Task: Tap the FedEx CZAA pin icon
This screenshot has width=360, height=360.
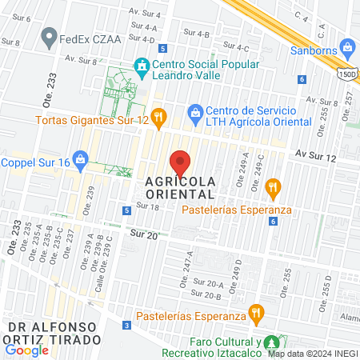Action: click(x=50, y=37)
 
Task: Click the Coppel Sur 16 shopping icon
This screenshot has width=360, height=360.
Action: click(x=80, y=160)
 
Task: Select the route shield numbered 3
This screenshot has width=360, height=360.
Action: click(x=127, y=326)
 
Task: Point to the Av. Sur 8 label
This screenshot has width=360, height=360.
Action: click(x=81, y=58)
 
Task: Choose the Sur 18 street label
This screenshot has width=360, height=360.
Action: click(x=148, y=206)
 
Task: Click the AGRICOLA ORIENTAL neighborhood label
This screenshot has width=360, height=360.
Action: click(x=180, y=187)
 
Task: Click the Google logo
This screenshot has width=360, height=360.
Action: click(x=26, y=350)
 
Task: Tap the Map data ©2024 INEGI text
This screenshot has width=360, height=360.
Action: click(x=312, y=354)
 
